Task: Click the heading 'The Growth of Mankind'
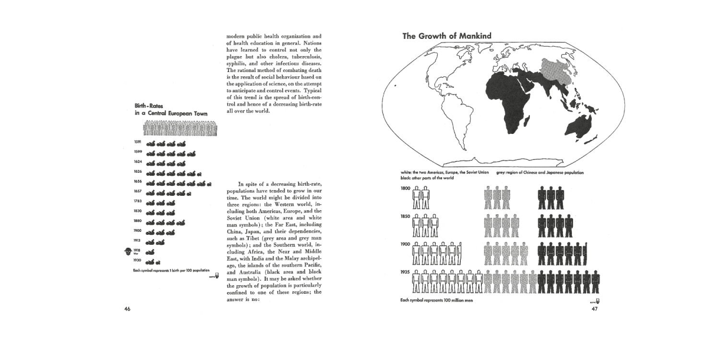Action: pos(446,36)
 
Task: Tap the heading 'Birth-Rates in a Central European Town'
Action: pos(171,109)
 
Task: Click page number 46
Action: pos(127,309)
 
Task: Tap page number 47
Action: pos(594,309)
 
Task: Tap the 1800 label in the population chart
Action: pos(406,188)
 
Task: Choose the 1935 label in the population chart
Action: pos(406,272)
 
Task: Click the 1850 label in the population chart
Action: pos(406,216)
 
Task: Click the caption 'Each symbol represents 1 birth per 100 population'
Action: pos(171,271)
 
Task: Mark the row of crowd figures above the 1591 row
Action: pos(182,127)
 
